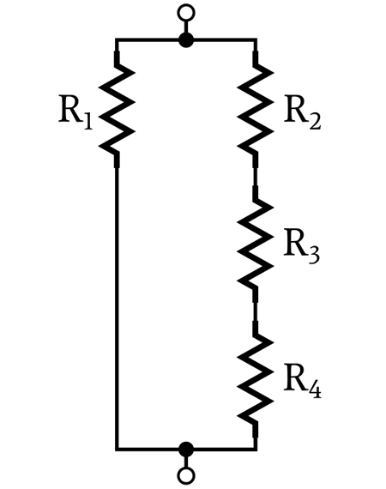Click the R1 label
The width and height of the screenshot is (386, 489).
75,113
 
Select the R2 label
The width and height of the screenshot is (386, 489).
302,113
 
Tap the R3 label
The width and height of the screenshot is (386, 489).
301,247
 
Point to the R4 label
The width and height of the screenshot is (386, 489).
302,382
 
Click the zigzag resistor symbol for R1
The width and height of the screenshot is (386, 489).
117,109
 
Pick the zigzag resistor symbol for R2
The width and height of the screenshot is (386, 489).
256,109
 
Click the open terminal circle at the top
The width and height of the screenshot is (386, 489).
186,13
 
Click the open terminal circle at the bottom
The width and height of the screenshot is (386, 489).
186,476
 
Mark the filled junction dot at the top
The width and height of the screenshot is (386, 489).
186,40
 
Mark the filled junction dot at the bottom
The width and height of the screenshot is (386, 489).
186,449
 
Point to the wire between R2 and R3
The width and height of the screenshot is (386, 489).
256,177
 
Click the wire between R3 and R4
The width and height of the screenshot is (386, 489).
256,311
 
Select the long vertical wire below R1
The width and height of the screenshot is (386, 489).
117,308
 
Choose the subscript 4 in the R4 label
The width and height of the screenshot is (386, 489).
314,389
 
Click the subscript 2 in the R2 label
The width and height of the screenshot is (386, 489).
314,121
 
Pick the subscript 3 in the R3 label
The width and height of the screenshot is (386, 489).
314,256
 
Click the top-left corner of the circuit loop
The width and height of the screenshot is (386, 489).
117,40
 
